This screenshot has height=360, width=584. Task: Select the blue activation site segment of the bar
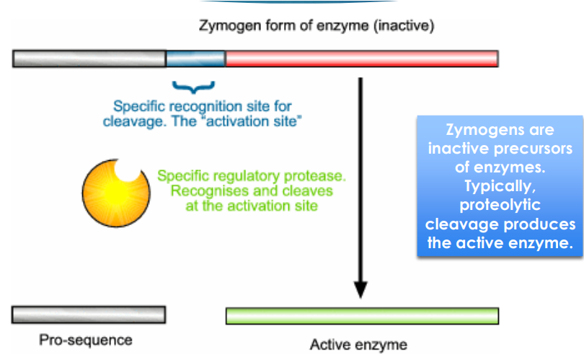pyautogui.click(x=195, y=58)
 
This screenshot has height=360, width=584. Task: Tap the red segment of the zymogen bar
pyautogui.click(x=361, y=58)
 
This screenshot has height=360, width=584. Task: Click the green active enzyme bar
pyautogui.click(x=361, y=316)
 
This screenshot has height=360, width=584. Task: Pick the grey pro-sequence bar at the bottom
pyautogui.click(x=89, y=315)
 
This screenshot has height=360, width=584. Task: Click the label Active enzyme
pyautogui.click(x=358, y=343)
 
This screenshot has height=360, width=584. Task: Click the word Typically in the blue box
pyautogui.click(x=500, y=187)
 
